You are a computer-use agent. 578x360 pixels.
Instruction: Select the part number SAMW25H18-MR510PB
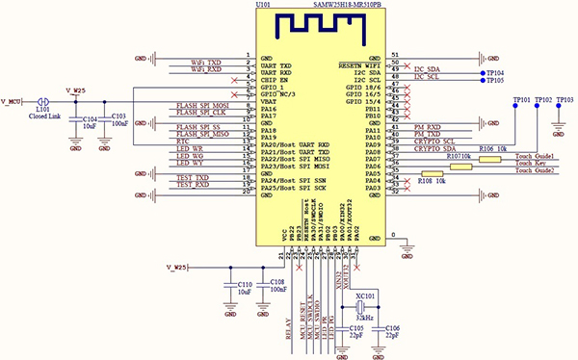click(353, 5)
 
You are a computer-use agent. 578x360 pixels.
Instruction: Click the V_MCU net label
click(13, 100)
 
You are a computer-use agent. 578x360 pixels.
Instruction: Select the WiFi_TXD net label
click(206, 62)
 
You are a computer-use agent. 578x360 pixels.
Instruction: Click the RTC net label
click(183, 141)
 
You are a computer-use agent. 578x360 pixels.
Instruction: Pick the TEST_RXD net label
click(193, 184)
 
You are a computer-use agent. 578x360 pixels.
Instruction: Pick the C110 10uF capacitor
click(230, 286)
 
